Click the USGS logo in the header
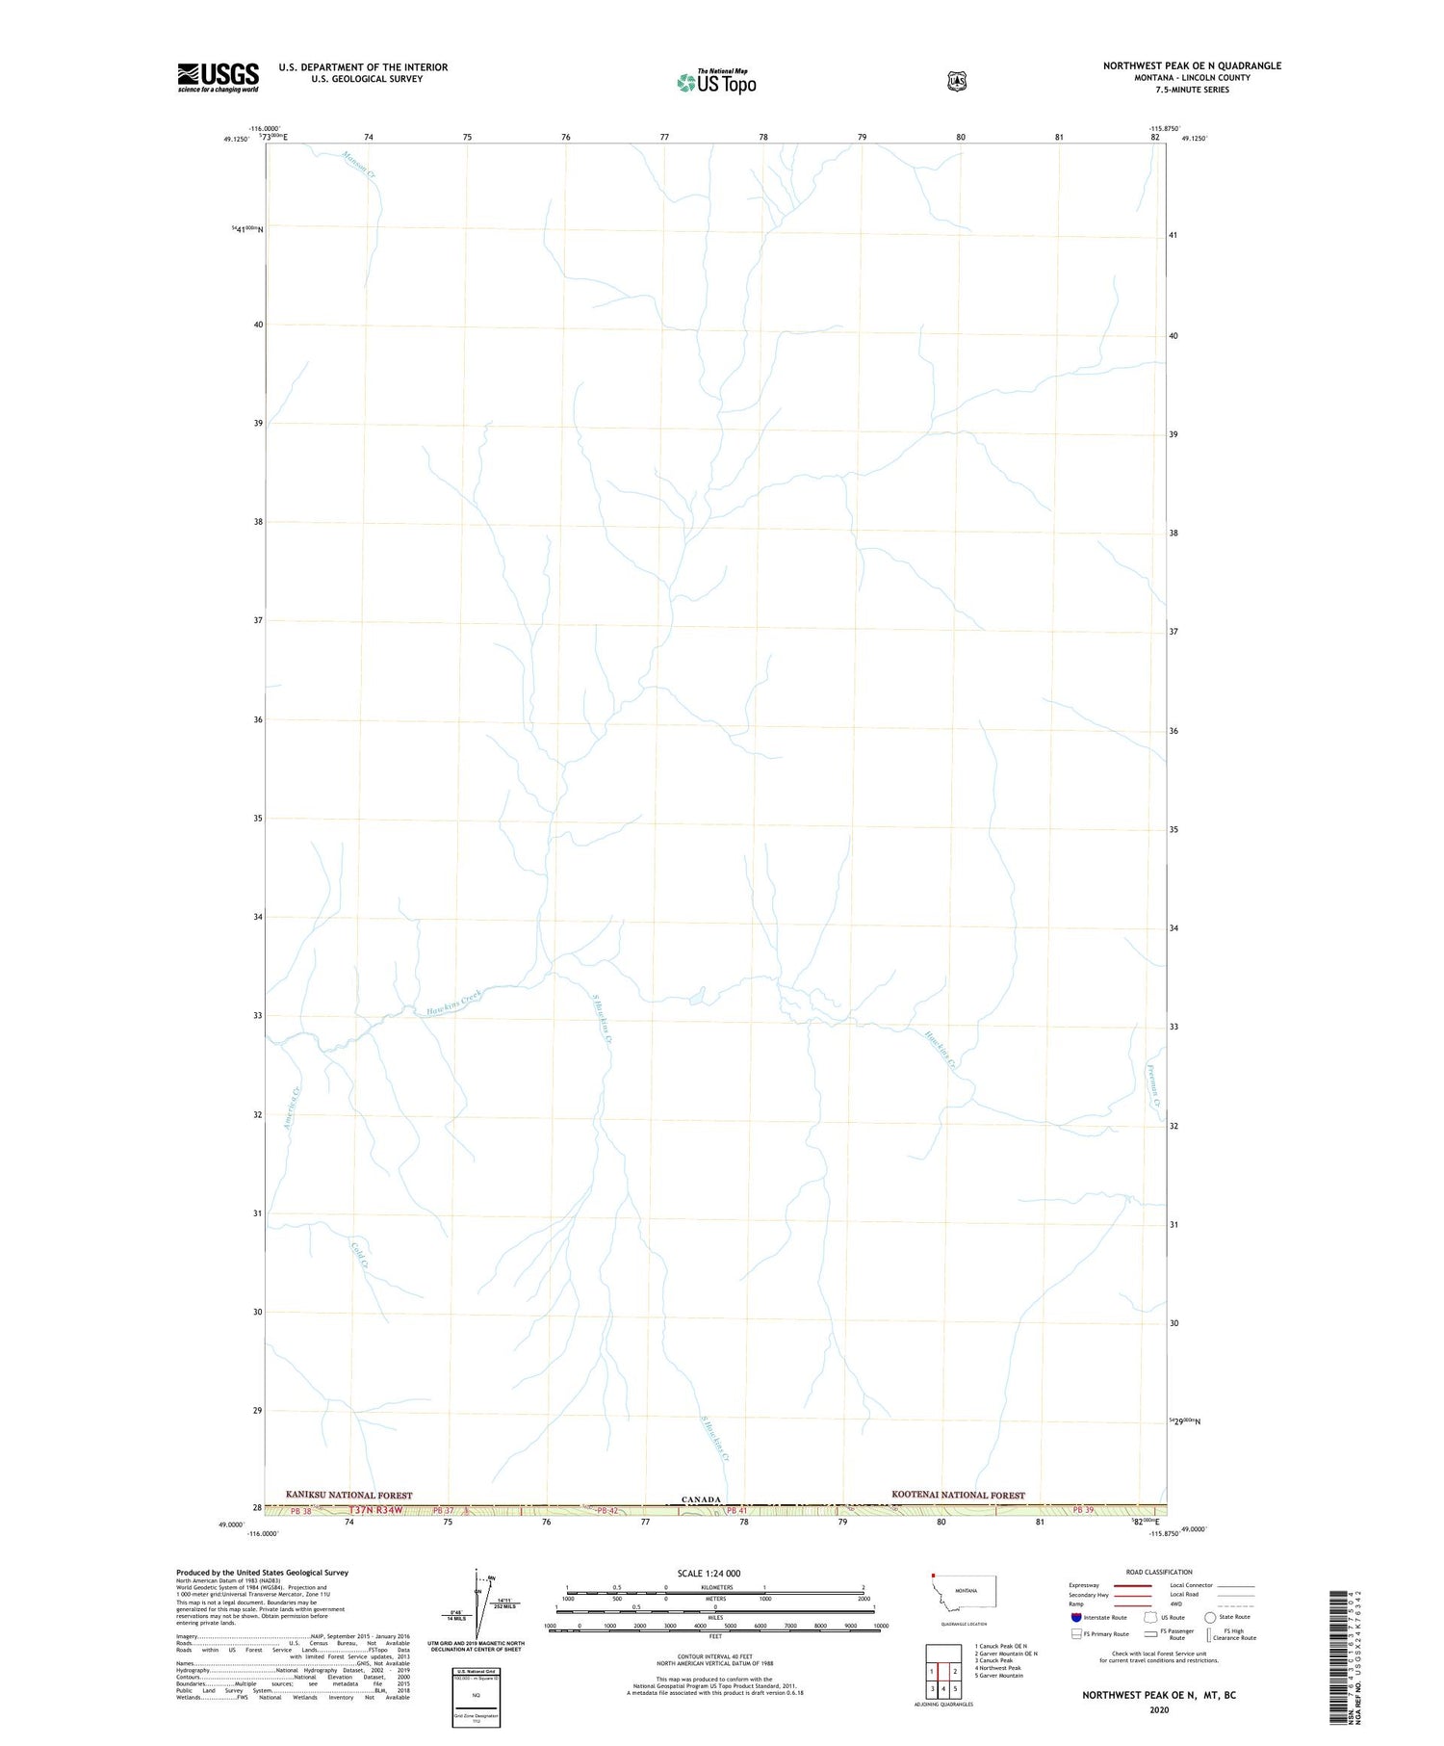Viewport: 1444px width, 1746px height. [x=218, y=77]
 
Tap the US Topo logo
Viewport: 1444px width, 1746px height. [x=716, y=82]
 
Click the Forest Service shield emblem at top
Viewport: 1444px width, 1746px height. [x=956, y=81]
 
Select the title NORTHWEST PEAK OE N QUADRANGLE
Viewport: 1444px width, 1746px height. [x=1192, y=65]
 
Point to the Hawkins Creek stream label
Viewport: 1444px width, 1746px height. [x=453, y=1002]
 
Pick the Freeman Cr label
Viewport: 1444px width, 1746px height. [x=1152, y=1088]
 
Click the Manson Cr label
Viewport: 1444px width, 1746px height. [x=359, y=164]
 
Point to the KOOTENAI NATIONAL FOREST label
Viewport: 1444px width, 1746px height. [x=958, y=1495]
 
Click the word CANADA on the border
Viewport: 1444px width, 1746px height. [x=701, y=1499]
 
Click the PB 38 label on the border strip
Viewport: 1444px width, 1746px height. [x=300, y=1511]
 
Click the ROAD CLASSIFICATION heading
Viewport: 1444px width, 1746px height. [x=1159, y=1572]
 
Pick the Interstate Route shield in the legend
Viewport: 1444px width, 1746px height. [x=1075, y=1617]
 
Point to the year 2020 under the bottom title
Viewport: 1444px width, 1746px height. [x=1158, y=1709]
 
